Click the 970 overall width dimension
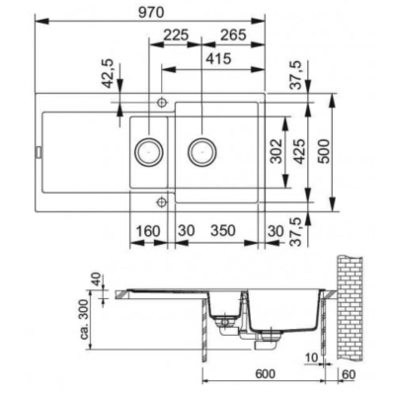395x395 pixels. (151, 13)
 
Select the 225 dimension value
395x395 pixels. (176, 35)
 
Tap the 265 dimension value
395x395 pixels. (233, 35)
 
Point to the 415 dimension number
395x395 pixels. (219, 59)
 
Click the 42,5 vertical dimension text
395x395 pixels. (109, 74)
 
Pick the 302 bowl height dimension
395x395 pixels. (276, 151)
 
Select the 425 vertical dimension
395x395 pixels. (299, 151)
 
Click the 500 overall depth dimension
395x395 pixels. (324, 151)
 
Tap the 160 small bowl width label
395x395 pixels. (148, 231)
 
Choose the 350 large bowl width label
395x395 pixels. (223, 231)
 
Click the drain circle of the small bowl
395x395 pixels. (149, 152)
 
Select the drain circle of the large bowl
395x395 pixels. (202, 152)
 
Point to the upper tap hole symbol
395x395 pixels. (161, 103)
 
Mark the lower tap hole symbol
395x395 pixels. (161, 201)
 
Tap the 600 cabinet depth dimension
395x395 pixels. (265, 374)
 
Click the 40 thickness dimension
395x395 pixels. (96, 279)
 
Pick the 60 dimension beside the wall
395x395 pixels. (349, 374)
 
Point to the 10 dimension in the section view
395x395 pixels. (311, 358)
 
